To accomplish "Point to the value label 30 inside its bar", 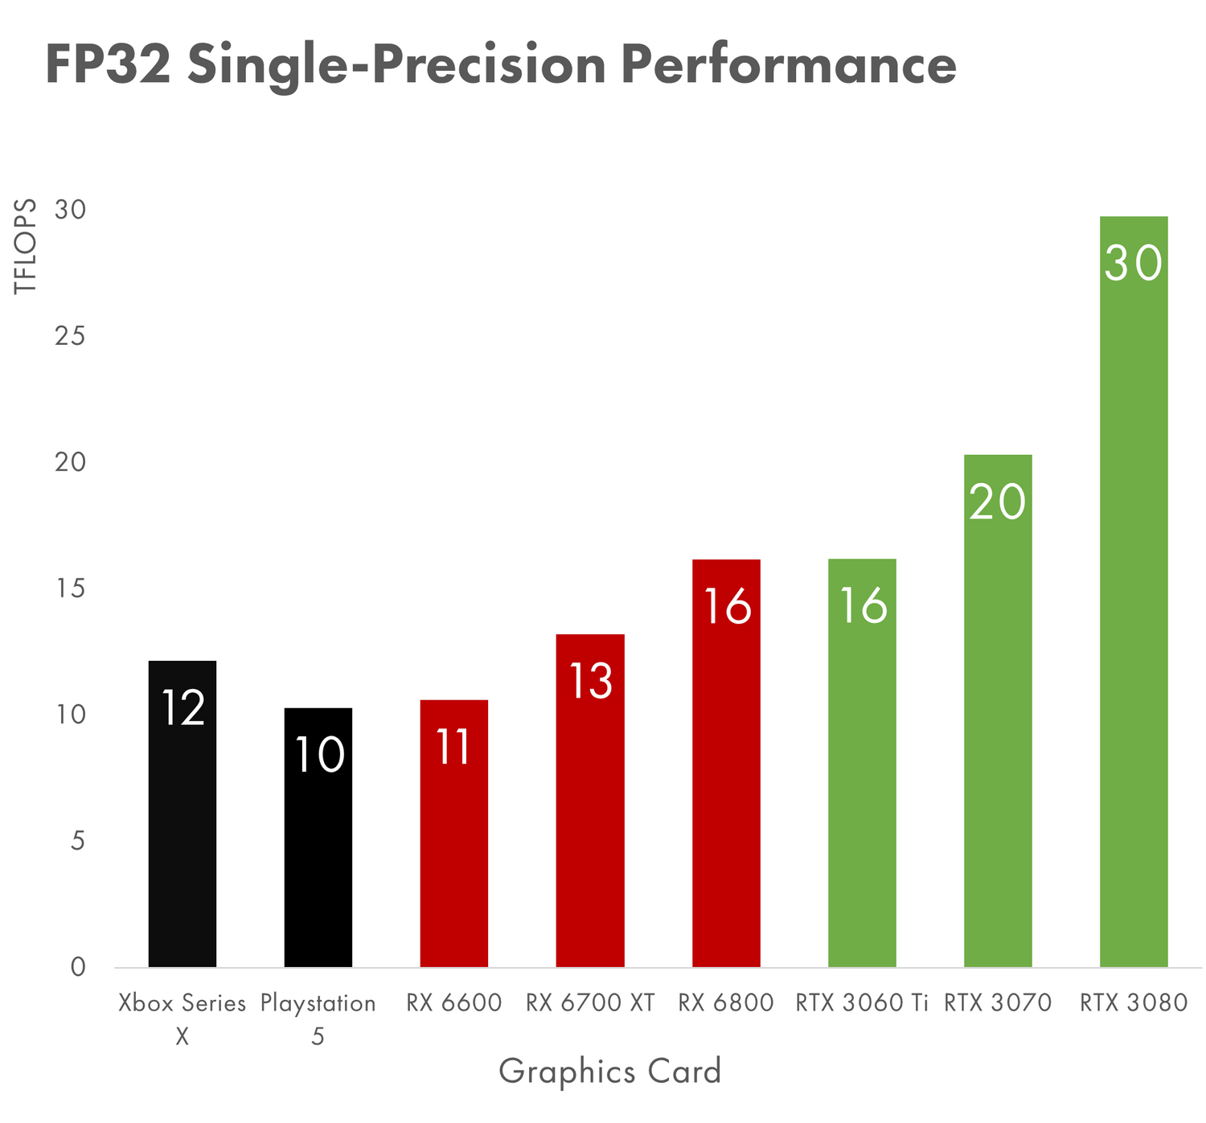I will click(1134, 263).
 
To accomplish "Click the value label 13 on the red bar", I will click(591, 681).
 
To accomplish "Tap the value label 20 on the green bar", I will click(998, 502).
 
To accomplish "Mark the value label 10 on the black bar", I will click(319, 755).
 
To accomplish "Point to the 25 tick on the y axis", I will click(70, 336).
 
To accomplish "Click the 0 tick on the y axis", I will click(78, 967).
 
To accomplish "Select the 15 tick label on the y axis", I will click(70, 589).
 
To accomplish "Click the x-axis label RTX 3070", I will click(998, 1003).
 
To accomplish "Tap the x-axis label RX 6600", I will click(454, 1003).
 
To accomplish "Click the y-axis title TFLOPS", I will click(26, 246).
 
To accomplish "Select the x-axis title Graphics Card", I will click(610, 1072).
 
